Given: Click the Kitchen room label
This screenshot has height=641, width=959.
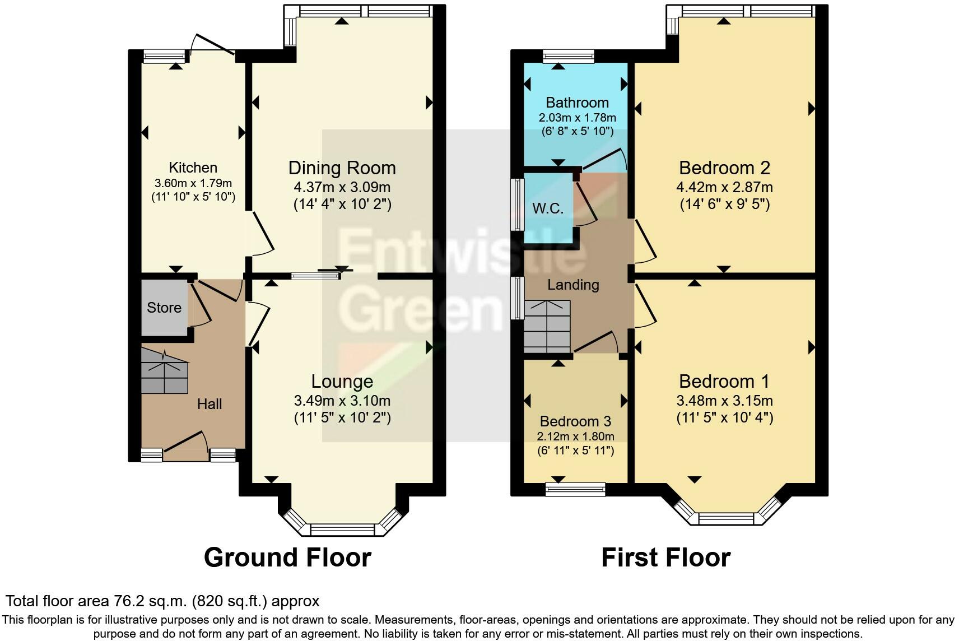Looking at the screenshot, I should pos(193,168).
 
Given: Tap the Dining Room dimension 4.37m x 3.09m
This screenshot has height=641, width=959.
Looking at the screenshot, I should pos(342,187).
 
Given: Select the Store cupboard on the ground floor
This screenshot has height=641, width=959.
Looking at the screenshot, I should pos(164,307).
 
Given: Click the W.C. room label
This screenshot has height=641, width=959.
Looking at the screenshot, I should pos(548,208).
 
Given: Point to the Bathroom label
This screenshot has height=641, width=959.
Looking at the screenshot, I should pos(577,103).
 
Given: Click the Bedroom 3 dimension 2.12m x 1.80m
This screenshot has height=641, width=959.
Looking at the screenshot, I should pos(576,436).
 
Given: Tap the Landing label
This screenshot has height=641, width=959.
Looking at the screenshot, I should pos(573,285).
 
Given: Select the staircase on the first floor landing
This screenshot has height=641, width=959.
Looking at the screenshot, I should pos(547,326).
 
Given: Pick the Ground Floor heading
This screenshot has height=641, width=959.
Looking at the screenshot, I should pos(287,558).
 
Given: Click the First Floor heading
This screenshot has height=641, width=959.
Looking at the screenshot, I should pos(665,558).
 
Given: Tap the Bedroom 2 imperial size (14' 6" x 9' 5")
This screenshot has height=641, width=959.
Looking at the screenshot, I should pos(724,204).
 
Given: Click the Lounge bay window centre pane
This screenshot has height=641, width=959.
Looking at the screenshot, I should pos(342,529).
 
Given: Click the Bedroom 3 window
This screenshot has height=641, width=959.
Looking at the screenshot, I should pos(575,489).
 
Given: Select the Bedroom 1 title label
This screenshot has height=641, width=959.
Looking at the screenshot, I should pos(724,382).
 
